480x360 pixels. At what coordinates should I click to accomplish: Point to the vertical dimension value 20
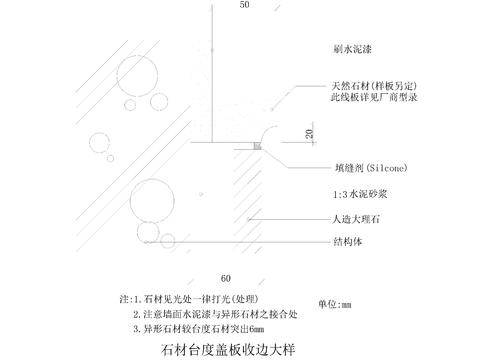click(x=309, y=133)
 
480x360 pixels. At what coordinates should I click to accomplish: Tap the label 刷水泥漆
click(x=353, y=47)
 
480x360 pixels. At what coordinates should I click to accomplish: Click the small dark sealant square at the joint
click(x=256, y=147)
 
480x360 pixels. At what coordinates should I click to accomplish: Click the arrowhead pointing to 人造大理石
click(x=257, y=217)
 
